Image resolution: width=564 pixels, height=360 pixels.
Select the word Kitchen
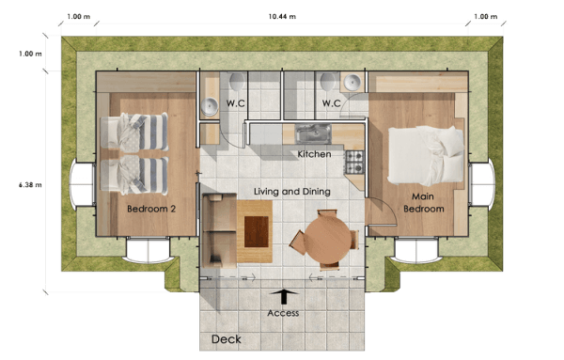(314, 153)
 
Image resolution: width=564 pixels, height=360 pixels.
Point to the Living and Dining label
(292, 192)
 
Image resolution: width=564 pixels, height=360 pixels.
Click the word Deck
(226, 339)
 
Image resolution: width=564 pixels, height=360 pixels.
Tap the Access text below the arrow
(283, 313)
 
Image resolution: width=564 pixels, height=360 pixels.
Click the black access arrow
(283, 295)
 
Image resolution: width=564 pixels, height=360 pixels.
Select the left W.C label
(236, 103)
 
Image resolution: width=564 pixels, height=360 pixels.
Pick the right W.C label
(331, 103)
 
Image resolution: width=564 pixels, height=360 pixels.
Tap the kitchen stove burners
(354, 161)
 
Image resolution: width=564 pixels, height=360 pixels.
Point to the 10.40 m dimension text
(282, 16)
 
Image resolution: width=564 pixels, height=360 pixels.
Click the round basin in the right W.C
(352, 83)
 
